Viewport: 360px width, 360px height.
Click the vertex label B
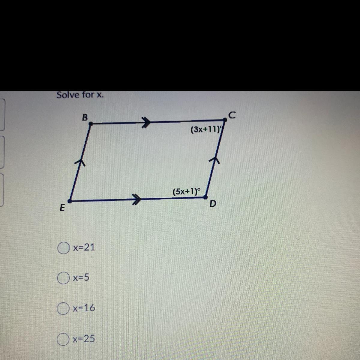point(85,117)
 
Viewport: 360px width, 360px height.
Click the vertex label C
point(232,114)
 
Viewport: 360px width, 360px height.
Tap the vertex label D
point(212,204)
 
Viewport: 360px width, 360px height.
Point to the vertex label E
point(62,208)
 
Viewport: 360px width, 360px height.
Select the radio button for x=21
point(63,248)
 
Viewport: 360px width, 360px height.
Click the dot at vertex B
point(91,123)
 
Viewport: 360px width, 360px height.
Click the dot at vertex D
point(205,197)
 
